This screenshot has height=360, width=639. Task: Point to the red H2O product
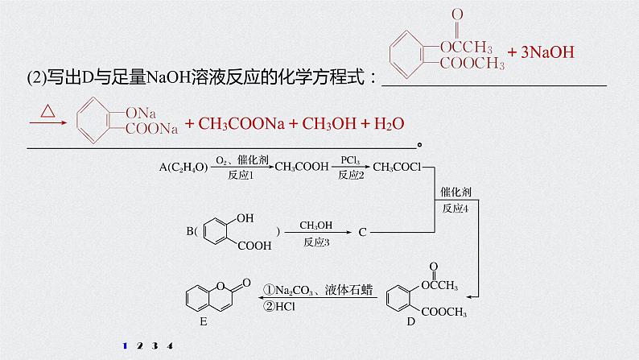[x=385, y=123]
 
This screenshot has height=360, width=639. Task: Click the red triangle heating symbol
[x=47, y=118]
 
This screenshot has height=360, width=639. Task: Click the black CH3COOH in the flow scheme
[x=301, y=167]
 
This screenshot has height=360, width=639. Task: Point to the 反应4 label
[x=456, y=208]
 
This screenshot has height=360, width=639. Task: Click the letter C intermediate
[x=362, y=233]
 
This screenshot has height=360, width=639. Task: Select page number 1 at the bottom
[x=125, y=346]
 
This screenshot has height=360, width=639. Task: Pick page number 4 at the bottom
[x=170, y=346]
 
